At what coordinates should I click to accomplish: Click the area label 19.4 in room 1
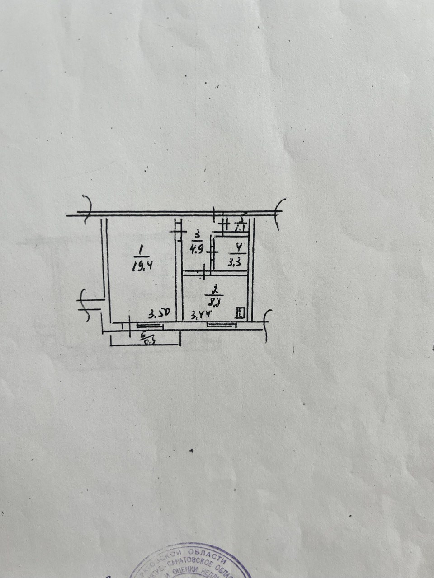(x=141, y=266)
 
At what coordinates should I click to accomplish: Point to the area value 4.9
(x=197, y=248)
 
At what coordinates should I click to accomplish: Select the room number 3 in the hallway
(x=197, y=235)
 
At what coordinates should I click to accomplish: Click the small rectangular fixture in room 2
(x=240, y=312)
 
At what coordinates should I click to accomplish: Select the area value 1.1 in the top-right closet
(x=240, y=228)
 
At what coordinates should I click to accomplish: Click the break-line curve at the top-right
(x=279, y=210)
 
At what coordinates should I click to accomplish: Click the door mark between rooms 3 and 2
(x=205, y=272)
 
